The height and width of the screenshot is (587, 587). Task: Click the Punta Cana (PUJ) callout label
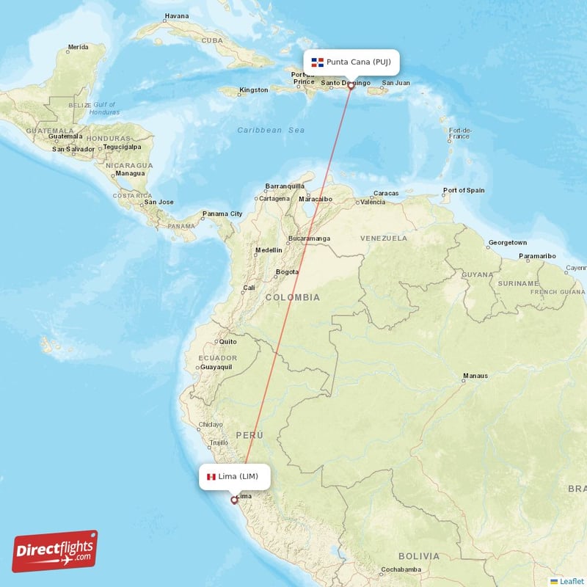click(351, 62)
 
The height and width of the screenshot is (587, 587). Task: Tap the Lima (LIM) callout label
click(234, 477)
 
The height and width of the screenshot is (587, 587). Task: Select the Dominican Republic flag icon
click(318, 62)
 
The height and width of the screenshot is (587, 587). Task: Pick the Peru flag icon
click(211, 477)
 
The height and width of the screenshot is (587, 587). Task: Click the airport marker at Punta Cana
click(351, 85)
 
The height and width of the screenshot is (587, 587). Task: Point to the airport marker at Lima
click(234, 500)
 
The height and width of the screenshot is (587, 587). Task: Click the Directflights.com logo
click(55, 551)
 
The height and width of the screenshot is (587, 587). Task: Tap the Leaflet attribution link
click(572, 581)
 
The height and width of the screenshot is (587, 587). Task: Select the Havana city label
click(176, 15)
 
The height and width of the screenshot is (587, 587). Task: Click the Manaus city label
click(475, 376)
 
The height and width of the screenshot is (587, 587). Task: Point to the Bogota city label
click(286, 271)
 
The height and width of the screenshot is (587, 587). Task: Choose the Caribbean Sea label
click(270, 130)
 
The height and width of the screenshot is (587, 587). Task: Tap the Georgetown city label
click(508, 242)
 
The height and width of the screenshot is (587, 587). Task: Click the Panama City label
click(222, 214)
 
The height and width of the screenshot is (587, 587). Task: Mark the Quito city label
click(227, 341)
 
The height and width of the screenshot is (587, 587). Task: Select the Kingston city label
click(254, 90)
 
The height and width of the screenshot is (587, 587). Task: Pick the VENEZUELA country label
click(384, 238)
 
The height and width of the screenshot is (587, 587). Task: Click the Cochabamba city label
click(401, 570)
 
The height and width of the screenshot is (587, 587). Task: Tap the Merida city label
click(78, 48)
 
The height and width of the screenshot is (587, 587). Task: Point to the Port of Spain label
click(464, 190)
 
